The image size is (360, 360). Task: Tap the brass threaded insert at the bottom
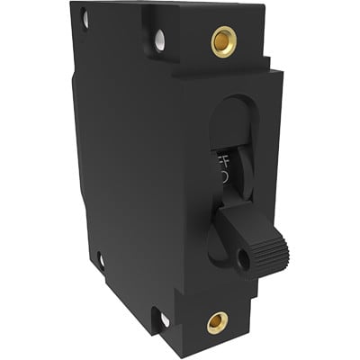tap(217, 322)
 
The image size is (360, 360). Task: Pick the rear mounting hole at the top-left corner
tap(84, 16)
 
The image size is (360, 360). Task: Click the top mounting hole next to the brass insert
tap(159, 39)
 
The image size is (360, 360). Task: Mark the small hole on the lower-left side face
tap(101, 261)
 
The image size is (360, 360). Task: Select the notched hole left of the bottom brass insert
tap(164, 318)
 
